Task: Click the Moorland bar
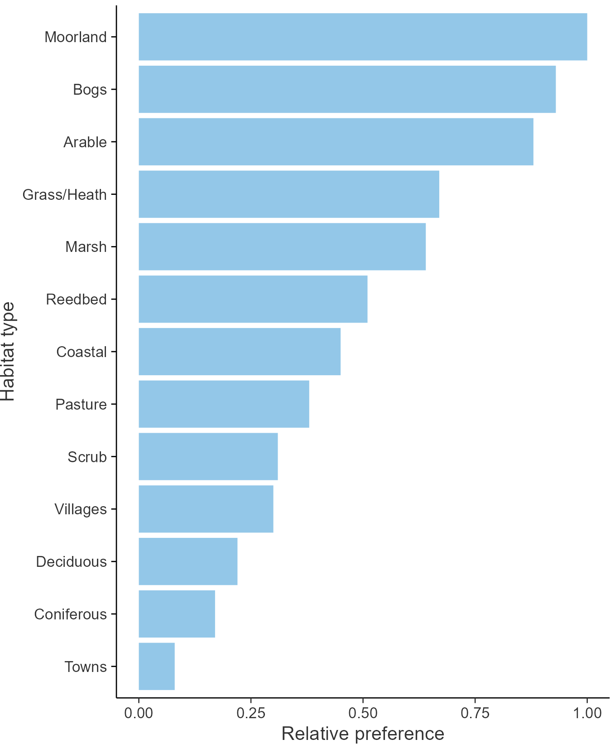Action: point(362,37)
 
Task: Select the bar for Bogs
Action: point(347,89)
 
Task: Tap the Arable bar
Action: point(336,142)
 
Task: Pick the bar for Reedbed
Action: point(253,299)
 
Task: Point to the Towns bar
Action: point(156,666)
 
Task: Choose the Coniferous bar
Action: point(177,614)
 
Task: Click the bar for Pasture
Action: point(224,404)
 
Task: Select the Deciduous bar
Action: point(188,561)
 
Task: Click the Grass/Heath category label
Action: point(65,195)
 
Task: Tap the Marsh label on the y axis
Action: point(86,247)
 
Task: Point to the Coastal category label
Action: point(82,352)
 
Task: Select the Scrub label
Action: point(87,457)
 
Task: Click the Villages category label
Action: point(81,509)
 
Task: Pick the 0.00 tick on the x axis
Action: point(139,713)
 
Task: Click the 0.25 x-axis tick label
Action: point(250,713)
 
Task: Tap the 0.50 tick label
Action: point(363,713)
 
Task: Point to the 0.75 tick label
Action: point(475,713)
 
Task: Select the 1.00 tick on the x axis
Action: point(587,713)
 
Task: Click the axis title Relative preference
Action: point(363,734)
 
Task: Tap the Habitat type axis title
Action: point(8,352)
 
